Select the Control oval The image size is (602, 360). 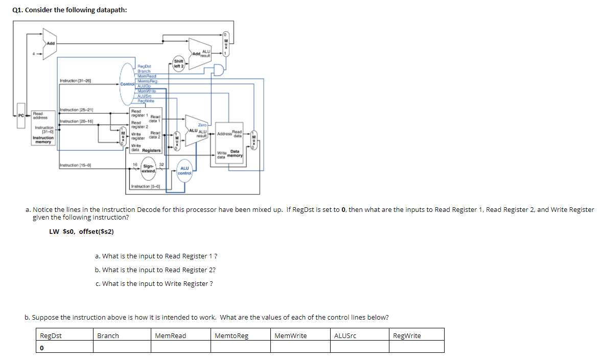coord(127,83)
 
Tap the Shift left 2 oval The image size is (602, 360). coord(179,63)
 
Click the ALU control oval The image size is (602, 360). coord(184,170)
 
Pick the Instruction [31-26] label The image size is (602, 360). coord(75,81)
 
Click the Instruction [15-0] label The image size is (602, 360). coord(75,165)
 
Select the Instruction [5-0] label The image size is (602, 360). coord(146,186)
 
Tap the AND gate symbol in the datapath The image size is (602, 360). coord(219,70)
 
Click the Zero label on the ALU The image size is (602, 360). coord(202,125)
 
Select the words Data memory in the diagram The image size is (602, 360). coord(235,153)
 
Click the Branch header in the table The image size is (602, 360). coord(108,335)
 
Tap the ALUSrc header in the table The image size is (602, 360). coord(345,335)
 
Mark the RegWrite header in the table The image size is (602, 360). coord(407,335)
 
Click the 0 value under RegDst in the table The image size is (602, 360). coord(41,347)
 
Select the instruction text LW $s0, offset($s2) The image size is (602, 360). coord(81,231)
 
